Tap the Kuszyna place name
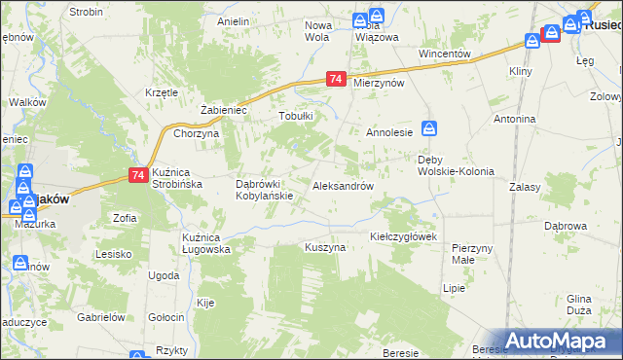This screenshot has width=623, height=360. (325, 248)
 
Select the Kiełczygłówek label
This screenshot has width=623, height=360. (406, 236)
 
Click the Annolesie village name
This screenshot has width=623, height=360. (389, 131)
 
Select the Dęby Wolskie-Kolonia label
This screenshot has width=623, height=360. (456, 165)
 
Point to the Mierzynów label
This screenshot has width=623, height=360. (379, 84)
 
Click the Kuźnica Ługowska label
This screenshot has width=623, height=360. (206, 243)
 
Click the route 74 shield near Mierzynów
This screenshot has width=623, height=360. (336, 79)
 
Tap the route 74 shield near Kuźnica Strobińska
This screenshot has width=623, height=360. (138, 175)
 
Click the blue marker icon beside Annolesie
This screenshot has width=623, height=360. (429, 127)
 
